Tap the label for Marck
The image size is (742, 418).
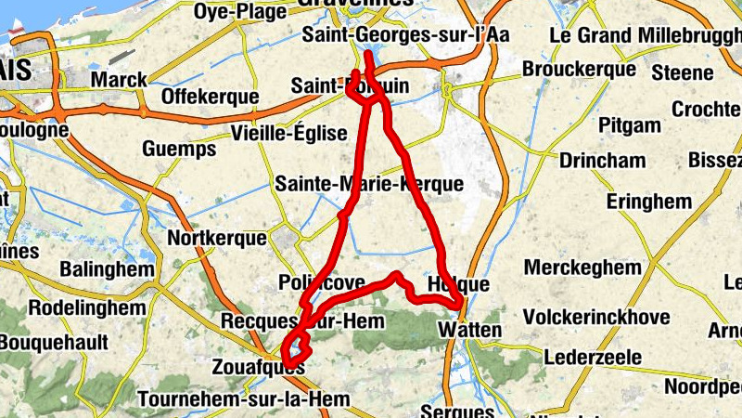(119, 79)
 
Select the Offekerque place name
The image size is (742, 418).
(209, 97)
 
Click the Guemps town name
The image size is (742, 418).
(179, 149)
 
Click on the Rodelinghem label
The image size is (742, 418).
(87, 307)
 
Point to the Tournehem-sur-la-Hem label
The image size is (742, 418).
(243, 400)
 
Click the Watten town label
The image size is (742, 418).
(470, 330)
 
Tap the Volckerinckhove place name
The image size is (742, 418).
(596, 318)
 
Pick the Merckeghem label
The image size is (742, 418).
(582, 268)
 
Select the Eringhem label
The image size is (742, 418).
(649, 202)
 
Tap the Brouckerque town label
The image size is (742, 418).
(579, 69)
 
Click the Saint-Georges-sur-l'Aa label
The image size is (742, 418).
(406, 35)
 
